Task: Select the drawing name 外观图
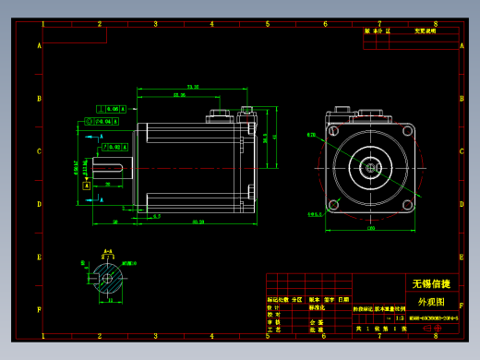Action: tap(431, 302)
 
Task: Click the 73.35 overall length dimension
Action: tap(192, 87)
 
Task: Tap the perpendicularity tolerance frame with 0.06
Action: tap(107, 109)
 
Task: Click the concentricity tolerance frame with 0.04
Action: tap(101, 121)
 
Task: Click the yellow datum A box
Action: tap(87, 186)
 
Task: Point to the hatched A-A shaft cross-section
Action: tap(107, 275)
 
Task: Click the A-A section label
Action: tap(107, 251)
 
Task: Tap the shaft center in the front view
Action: tap(371, 167)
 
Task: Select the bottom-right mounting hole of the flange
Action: tap(407, 204)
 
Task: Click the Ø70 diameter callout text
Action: tap(311, 135)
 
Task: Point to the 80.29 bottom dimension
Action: tap(198, 222)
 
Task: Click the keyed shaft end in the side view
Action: tap(114, 167)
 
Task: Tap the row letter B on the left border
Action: tap(39, 99)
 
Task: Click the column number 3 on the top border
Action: tap(155, 24)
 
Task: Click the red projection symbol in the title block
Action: tap(431, 328)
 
